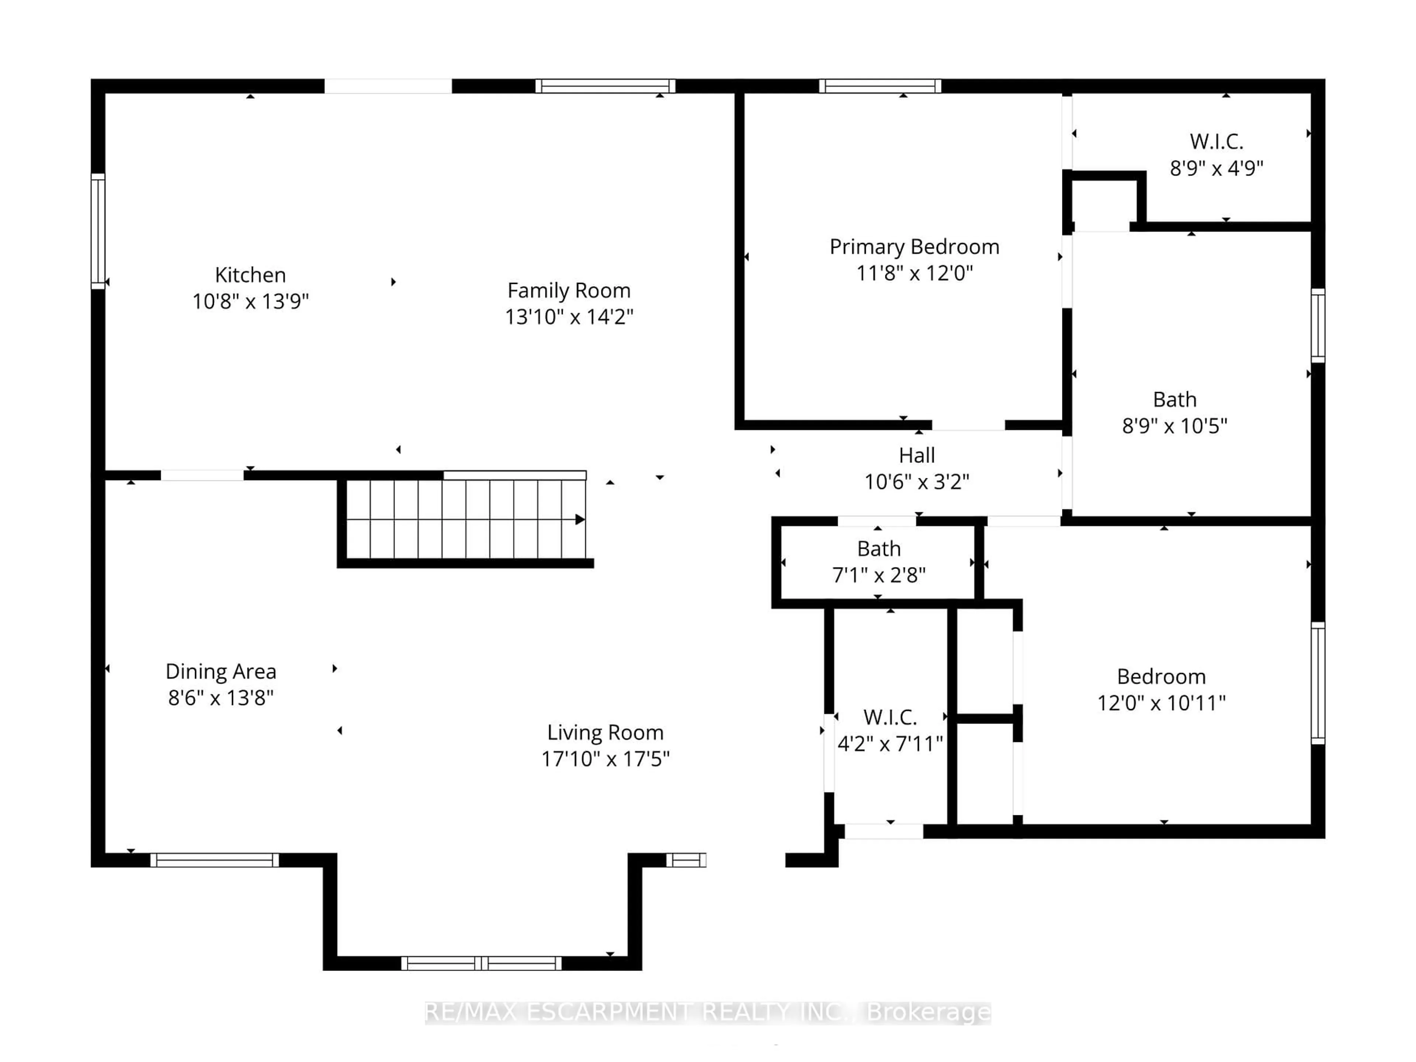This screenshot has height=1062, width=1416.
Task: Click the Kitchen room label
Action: pos(250,275)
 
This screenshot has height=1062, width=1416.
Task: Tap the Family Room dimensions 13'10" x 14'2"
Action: pos(569,316)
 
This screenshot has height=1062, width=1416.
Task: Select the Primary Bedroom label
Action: pos(914,246)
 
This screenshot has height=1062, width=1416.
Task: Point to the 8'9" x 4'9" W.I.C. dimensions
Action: pos(1216,168)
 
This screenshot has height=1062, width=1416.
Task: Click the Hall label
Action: pos(917,455)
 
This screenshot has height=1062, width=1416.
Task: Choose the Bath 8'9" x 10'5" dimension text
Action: pos(1175,425)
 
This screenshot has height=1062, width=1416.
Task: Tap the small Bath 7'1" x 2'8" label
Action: pos(879,549)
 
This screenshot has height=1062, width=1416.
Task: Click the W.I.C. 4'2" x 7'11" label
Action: pos(890,717)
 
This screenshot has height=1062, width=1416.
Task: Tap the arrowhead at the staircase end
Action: pos(579,519)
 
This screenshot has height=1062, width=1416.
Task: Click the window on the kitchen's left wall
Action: pos(98,231)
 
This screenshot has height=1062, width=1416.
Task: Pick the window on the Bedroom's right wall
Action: pos(1318,683)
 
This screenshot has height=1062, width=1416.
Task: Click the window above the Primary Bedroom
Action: pos(880,86)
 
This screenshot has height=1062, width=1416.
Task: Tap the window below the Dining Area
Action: pos(215,860)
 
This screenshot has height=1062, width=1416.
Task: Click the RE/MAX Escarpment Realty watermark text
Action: pos(707,1012)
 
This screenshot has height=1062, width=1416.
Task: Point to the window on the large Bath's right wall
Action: pos(1318,325)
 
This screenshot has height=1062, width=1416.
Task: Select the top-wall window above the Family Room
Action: pos(605,86)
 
